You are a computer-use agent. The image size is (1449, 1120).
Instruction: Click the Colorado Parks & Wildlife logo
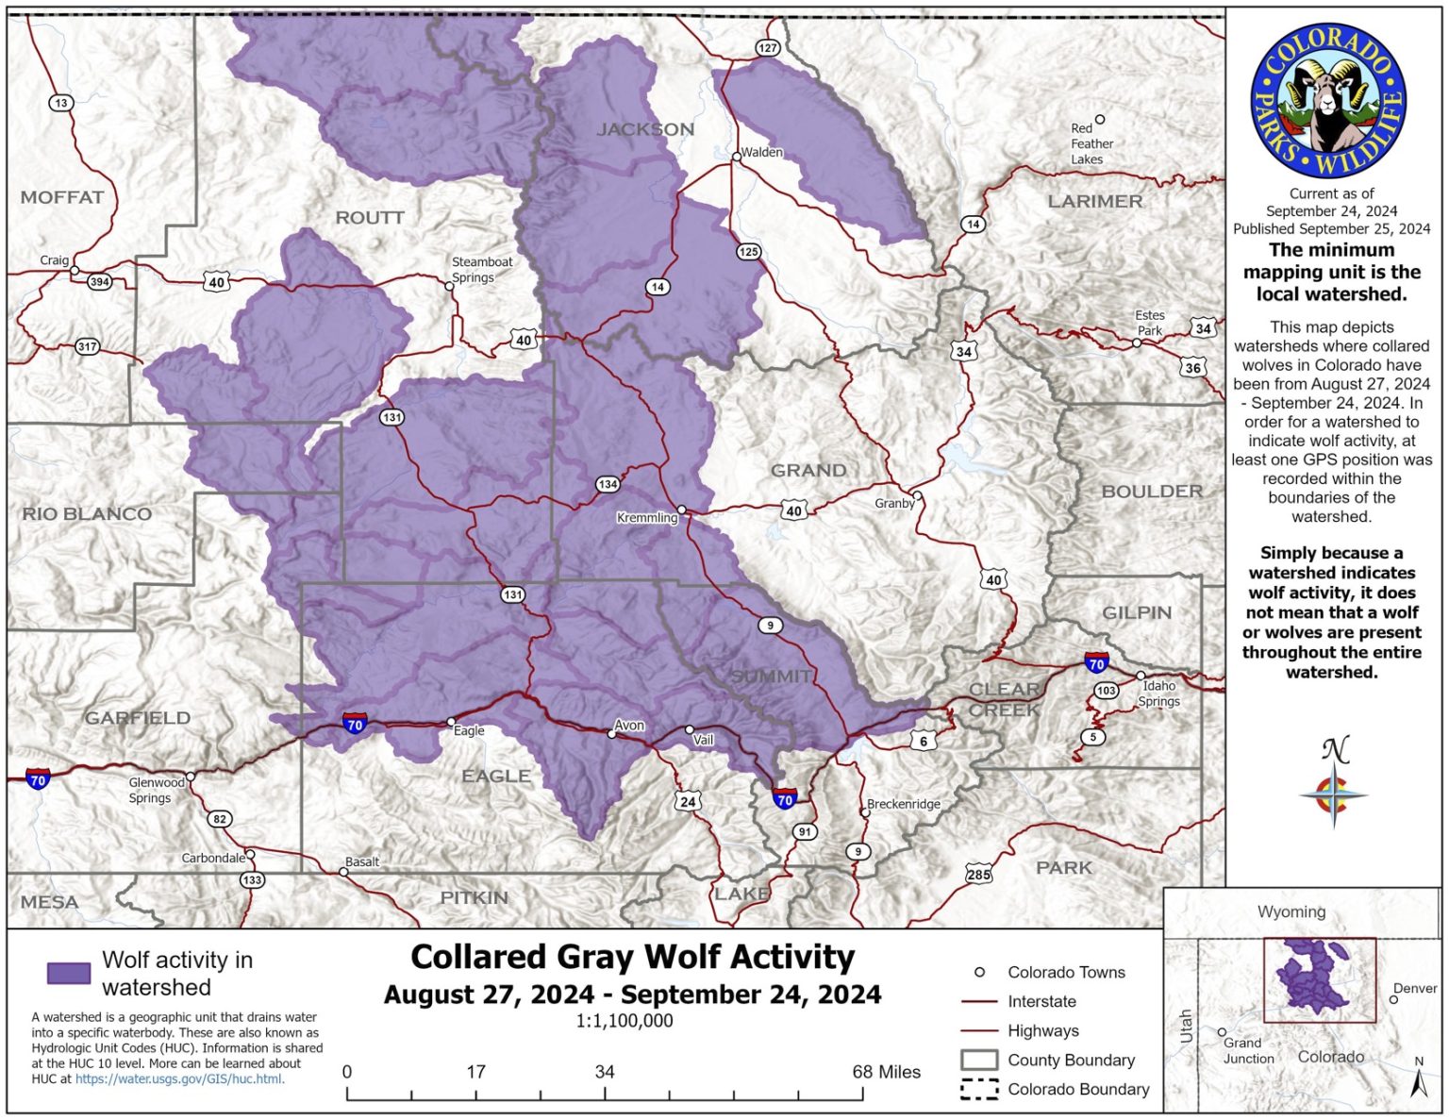tap(1328, 102)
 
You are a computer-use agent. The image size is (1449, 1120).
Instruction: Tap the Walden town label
tap(762, 152)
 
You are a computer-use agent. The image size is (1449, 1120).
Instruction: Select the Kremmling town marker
tap(682, 510)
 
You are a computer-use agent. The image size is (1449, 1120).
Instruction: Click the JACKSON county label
tap(645, 129)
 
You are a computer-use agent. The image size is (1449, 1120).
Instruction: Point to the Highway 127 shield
tap(768, 48)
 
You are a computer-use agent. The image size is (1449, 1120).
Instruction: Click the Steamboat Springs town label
tap(481, 270)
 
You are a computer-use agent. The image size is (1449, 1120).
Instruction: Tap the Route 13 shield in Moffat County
tap(61, 103)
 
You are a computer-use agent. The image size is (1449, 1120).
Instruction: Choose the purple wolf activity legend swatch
tap(69, 973)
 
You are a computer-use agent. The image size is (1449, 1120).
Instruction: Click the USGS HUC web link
tap(179, 1078)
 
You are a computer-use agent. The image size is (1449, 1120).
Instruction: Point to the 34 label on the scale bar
tap(605, 1072)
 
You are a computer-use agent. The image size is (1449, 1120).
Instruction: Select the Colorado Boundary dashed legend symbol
tap(979, 1089)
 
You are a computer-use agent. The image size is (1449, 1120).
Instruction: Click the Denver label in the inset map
tap(1415, 988)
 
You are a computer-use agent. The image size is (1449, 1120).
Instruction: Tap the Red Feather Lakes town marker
tap(1099, 120)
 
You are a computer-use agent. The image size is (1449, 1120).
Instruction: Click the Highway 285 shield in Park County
tap(979, 874)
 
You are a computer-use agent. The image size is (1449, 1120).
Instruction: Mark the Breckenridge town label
tap(904, 804)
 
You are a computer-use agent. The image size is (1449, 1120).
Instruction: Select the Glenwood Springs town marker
tap(191, 777)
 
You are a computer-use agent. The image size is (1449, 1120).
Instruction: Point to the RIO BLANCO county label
tap(87, 514)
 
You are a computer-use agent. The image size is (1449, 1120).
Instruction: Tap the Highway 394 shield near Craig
tap(99, 281)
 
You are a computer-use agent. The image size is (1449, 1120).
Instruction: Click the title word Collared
tap(478, 957)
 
